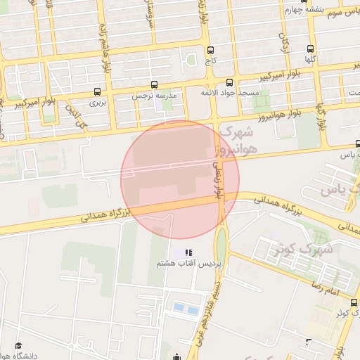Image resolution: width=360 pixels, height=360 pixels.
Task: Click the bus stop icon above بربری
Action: [96, 91]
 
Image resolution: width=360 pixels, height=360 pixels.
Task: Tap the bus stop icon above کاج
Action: [210, 50]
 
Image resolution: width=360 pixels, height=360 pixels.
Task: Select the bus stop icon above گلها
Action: [310, 49]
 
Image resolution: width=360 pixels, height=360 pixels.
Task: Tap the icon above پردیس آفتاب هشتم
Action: [188, 252]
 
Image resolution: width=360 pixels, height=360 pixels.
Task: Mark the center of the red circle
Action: [181, 179]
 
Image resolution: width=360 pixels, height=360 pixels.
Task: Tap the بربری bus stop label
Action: [96, 103]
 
